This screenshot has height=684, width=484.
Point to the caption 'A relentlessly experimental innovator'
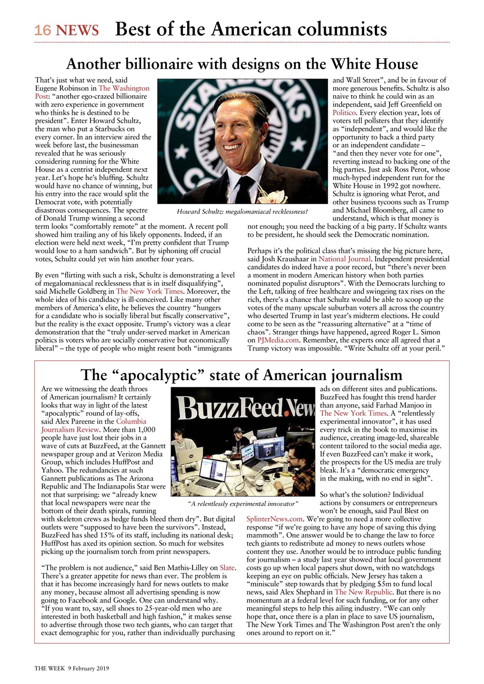[242, 503]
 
